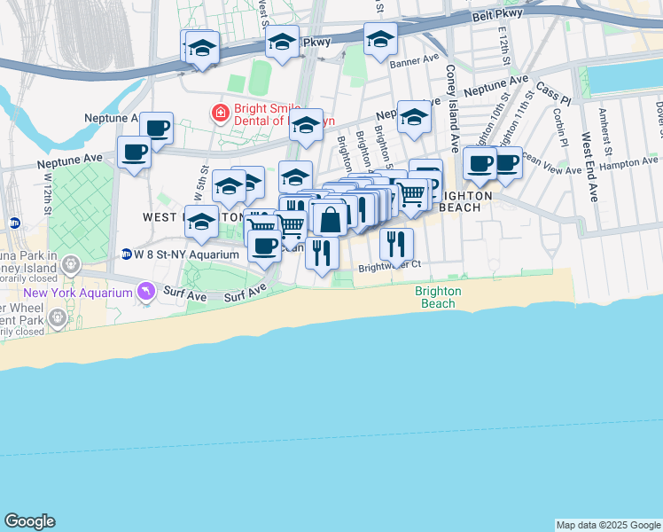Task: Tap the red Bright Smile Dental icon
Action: pyautogui.click(x=217, y=113)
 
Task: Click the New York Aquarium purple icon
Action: pyautogui.click(x=144, y=291)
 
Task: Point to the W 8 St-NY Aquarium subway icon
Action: pyautogui.click(x=126, y=254)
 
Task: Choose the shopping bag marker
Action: pyautogui.click(x=329, y=220)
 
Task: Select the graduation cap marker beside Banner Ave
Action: pyautogui.click(x=380, y=39)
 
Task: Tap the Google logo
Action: pyautogui.click(x=29, y=521)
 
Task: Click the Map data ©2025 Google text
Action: pyautogui.click(x=608, y=525)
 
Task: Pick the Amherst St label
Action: pyautogui.click(x=605, y=123)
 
